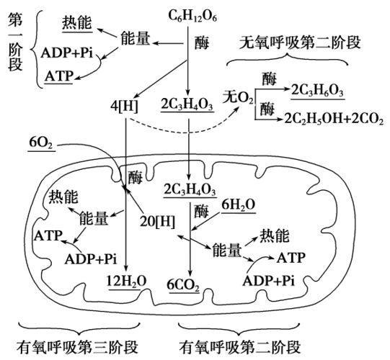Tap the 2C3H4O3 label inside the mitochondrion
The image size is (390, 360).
[190, 190]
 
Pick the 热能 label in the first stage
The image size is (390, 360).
[76, 22]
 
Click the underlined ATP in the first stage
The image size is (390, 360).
[58, 75]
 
